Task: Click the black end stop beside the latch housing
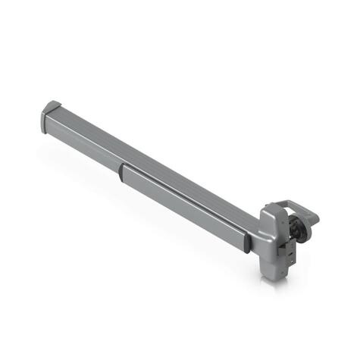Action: pos(247,242)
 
